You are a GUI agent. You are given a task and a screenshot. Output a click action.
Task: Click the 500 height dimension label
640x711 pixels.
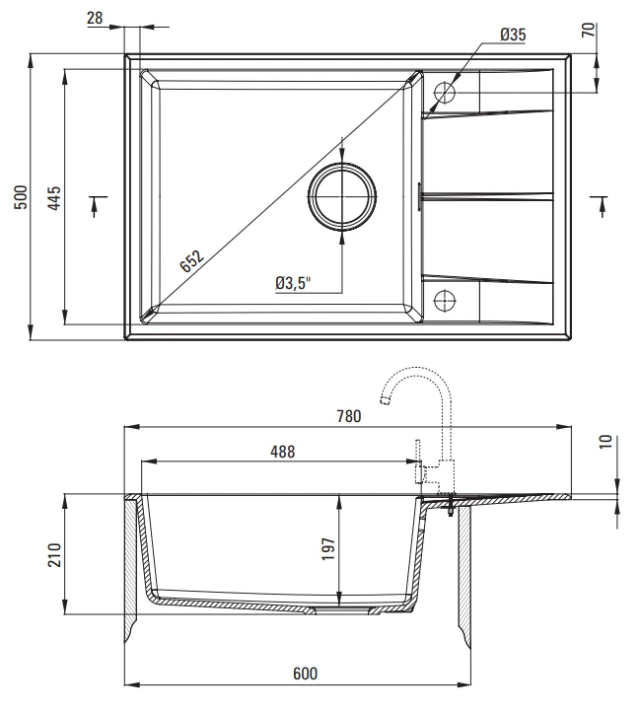click(21, 197)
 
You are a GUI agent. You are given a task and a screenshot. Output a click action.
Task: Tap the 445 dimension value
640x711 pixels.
click(54, 197)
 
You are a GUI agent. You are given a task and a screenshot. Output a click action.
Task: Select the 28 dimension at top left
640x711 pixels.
click(95, 18)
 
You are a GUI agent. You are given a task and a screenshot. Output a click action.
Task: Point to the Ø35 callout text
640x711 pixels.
click(513, 35)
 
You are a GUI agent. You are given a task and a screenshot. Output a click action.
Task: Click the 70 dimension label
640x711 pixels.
click(588, 30)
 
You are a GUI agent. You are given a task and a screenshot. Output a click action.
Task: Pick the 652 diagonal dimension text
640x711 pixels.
click(192, 261)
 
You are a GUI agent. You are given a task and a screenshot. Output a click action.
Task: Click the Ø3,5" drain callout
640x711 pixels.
click(293, 283)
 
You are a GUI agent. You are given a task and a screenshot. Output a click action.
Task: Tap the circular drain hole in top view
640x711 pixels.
click(341, 196)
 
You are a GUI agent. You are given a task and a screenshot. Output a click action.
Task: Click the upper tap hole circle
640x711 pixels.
click(445, 93)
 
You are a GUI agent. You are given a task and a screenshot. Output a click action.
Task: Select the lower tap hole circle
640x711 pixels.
click(445, 300)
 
